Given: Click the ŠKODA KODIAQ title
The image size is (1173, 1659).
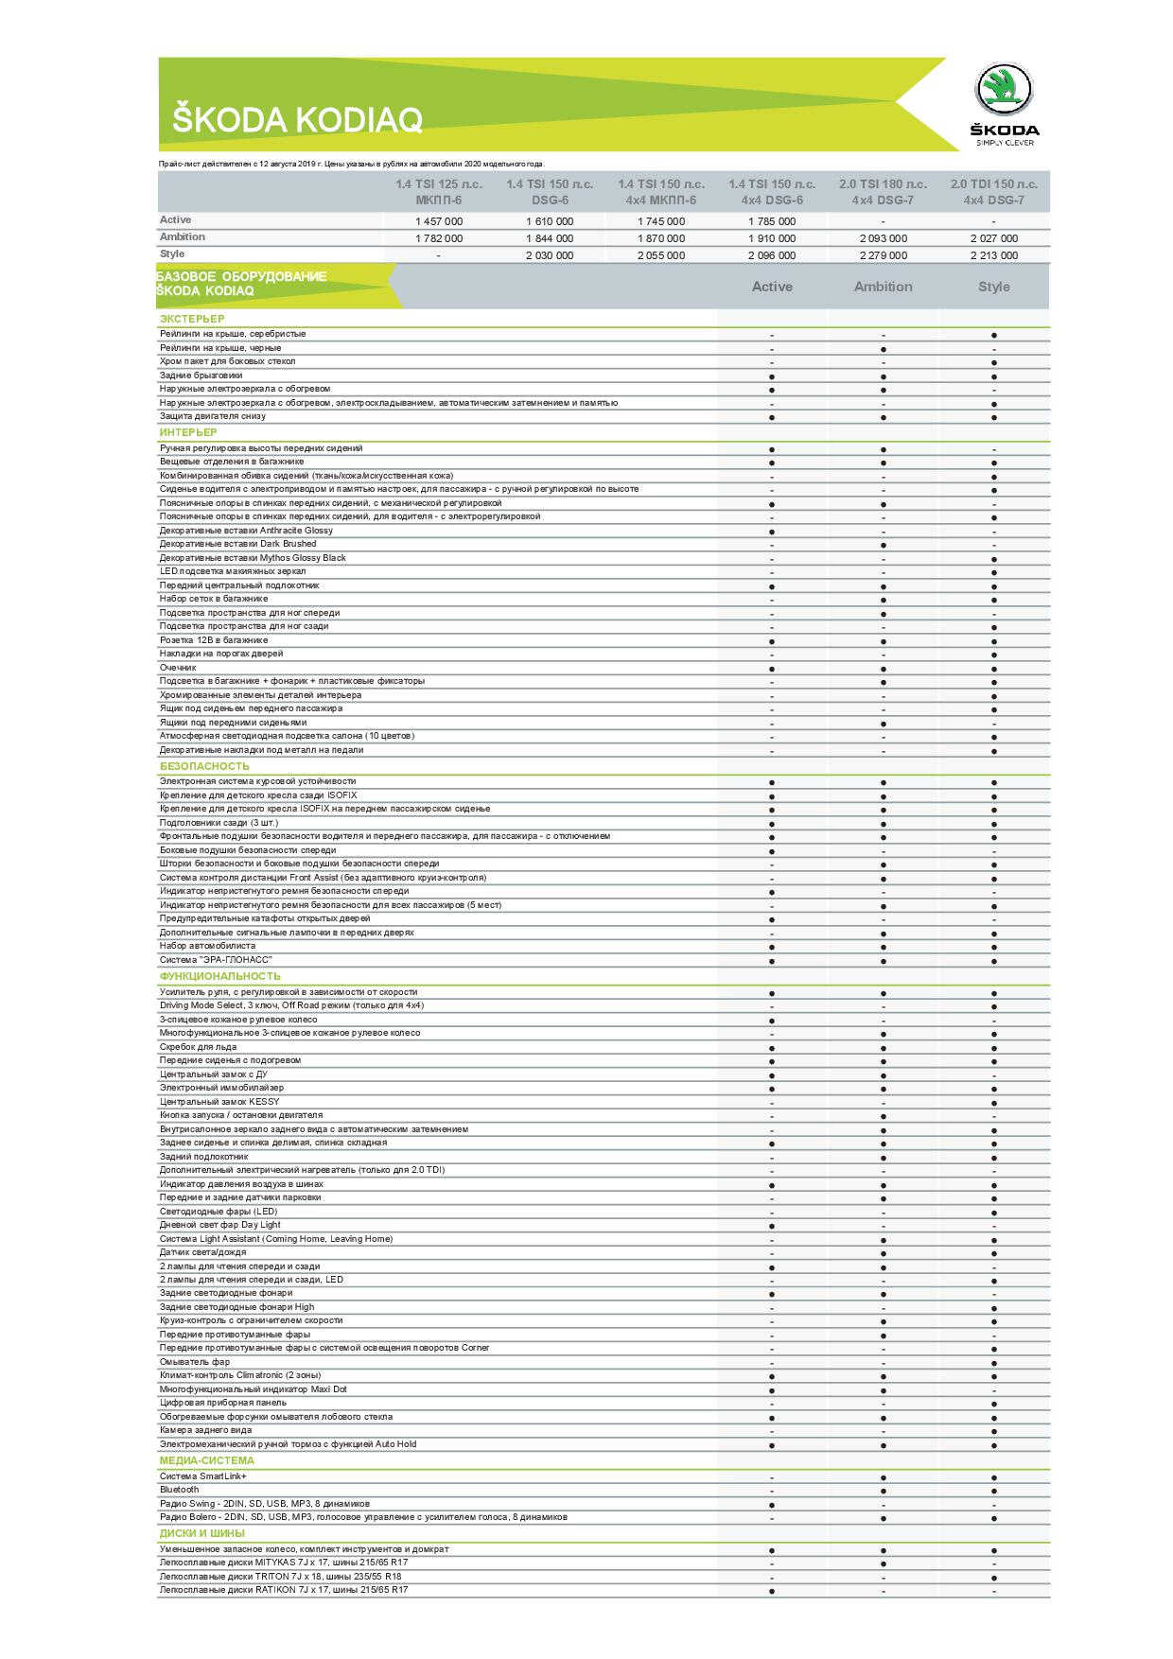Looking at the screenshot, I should (296, 120).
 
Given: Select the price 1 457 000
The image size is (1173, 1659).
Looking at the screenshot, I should (438, 221).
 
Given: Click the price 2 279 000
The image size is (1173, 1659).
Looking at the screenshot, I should (883, 255).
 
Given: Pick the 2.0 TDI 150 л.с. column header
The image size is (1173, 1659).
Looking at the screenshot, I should (993, 192).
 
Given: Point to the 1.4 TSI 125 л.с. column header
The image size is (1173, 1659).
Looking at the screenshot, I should (438, 192).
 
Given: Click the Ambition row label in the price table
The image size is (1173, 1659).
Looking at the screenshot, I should (183, 237).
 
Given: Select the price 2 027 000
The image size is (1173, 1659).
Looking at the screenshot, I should (993, 238).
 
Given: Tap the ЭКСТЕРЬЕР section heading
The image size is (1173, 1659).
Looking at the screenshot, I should (192, 319).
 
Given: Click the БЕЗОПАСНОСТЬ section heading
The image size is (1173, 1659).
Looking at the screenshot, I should (204, 766).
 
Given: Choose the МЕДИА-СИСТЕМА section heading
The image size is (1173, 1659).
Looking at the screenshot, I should (206, 1461).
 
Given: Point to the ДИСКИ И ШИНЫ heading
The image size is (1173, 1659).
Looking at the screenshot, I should (201, 1533).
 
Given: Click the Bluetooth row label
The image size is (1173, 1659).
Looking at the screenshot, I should (180, 1490).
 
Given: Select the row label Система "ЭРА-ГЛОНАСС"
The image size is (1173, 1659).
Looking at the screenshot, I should (216, 960).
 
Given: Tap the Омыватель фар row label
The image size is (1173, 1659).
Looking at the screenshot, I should (195, 1362).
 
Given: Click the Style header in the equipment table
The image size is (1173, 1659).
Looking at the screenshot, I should (993, 287).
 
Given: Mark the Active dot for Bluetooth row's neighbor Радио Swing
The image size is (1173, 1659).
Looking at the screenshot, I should (772, 1505).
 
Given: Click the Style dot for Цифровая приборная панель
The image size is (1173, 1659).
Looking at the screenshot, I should (993, 1405).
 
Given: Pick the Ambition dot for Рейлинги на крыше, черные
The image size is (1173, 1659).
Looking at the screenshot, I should (883, 349).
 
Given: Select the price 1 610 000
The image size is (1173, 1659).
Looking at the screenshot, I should (549, 221).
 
